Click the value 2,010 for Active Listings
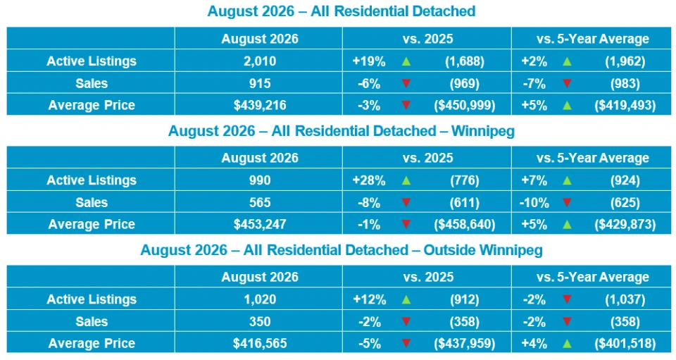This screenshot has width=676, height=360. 260,61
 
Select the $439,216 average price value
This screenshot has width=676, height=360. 260,105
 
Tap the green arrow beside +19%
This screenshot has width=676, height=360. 406,61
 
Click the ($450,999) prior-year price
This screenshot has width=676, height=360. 464,105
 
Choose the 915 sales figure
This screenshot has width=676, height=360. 260,83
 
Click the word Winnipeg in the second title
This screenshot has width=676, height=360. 483,130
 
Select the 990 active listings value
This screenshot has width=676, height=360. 260,180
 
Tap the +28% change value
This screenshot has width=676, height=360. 369,180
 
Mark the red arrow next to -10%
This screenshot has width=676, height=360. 567,202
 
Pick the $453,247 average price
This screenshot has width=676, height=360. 260,224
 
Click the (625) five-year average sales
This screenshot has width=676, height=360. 625,202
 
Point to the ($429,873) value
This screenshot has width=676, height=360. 625,224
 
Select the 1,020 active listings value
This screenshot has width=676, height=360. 260,299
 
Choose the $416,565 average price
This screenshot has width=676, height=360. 260,343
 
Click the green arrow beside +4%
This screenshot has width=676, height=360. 567,343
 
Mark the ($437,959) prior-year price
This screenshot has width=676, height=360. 464,343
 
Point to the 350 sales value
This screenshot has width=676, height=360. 260,321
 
